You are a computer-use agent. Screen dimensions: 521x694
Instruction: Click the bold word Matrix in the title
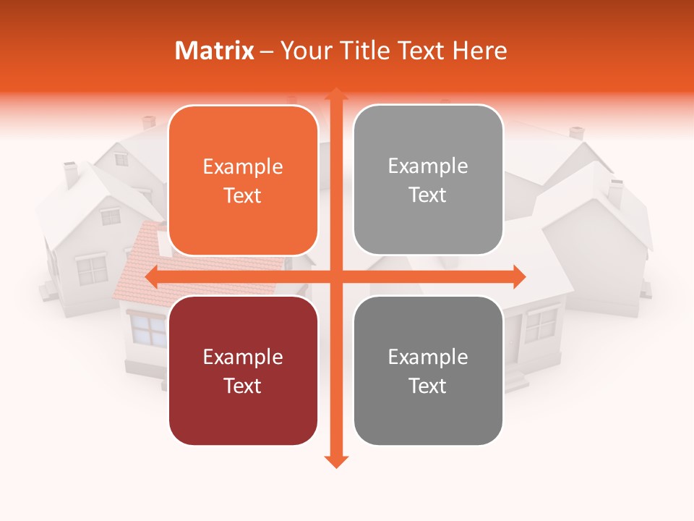click(215, 51)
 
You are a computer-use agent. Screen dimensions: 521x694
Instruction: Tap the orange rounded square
click(243, 180)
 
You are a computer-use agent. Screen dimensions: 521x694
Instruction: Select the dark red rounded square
click(243, 370)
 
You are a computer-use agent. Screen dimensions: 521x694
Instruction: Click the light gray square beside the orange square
click(428, 180)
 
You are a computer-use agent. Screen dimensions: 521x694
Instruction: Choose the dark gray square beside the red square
click(428, 370)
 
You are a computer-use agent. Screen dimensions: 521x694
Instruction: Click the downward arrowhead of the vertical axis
click(335, 461)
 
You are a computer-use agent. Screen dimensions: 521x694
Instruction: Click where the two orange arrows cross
click(335, 276)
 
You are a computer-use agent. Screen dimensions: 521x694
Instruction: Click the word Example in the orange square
click(243, 166)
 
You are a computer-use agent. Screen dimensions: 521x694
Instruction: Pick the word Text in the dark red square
click(243, 386)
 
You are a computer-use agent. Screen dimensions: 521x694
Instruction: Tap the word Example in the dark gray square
click(428, 357)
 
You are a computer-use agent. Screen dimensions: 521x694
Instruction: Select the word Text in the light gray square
click(428, 195)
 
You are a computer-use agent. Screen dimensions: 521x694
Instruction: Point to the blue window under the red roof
click(147, 329)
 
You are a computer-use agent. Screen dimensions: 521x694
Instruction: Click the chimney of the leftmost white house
click(71, 174)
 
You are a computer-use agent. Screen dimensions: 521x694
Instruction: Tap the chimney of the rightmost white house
click(615, 192)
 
